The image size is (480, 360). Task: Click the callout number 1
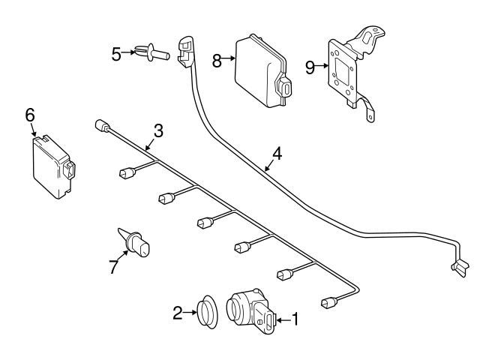click(295, 319)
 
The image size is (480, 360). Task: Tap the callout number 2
click(178, 313)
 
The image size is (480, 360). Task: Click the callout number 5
click(115, 53)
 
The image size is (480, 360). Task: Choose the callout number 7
click(114, 266)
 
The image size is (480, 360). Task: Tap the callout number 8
click(217, 60)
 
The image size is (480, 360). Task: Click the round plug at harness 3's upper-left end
click(100, 126)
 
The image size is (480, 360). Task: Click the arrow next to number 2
click(190, 313)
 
